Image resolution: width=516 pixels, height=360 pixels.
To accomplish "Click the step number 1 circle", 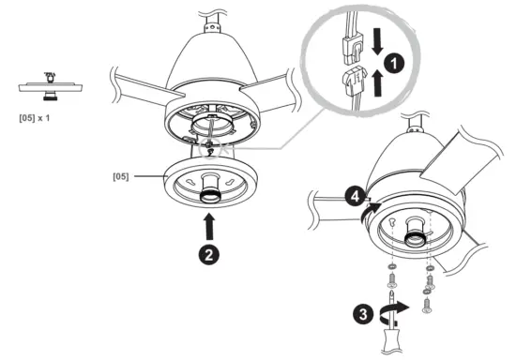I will pyautogui.click(x=397, y=63).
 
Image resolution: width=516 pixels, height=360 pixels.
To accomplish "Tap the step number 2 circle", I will pyautogui.click(x=213, y=252).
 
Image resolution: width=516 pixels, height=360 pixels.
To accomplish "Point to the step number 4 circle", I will pyautogui.click(x=353, y=198).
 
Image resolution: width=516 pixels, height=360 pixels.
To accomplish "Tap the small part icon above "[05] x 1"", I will pyautogui.click(x=46, y=85).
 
